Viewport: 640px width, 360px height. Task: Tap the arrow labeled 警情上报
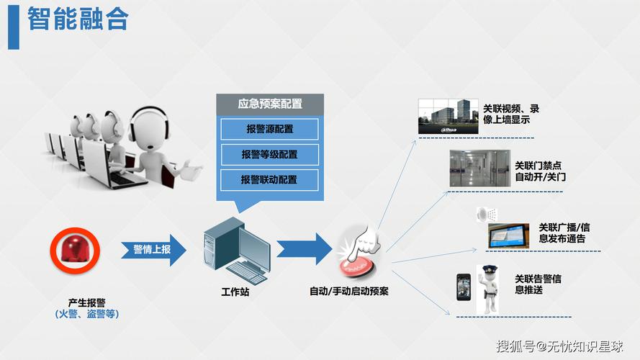click(153, 250)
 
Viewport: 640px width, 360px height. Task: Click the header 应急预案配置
click(270, 104)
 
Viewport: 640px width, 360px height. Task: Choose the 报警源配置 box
click(269, 129)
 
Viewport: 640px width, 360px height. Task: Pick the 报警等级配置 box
click(269, 154)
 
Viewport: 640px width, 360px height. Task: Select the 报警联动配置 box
click(269, 179)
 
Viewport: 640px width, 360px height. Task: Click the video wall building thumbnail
click(449, 115)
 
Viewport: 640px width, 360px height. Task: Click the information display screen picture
click(508, 235)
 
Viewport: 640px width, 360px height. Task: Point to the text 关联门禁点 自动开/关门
click(540, 171)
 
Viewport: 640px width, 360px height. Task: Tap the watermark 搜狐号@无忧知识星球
click(559, 346)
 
